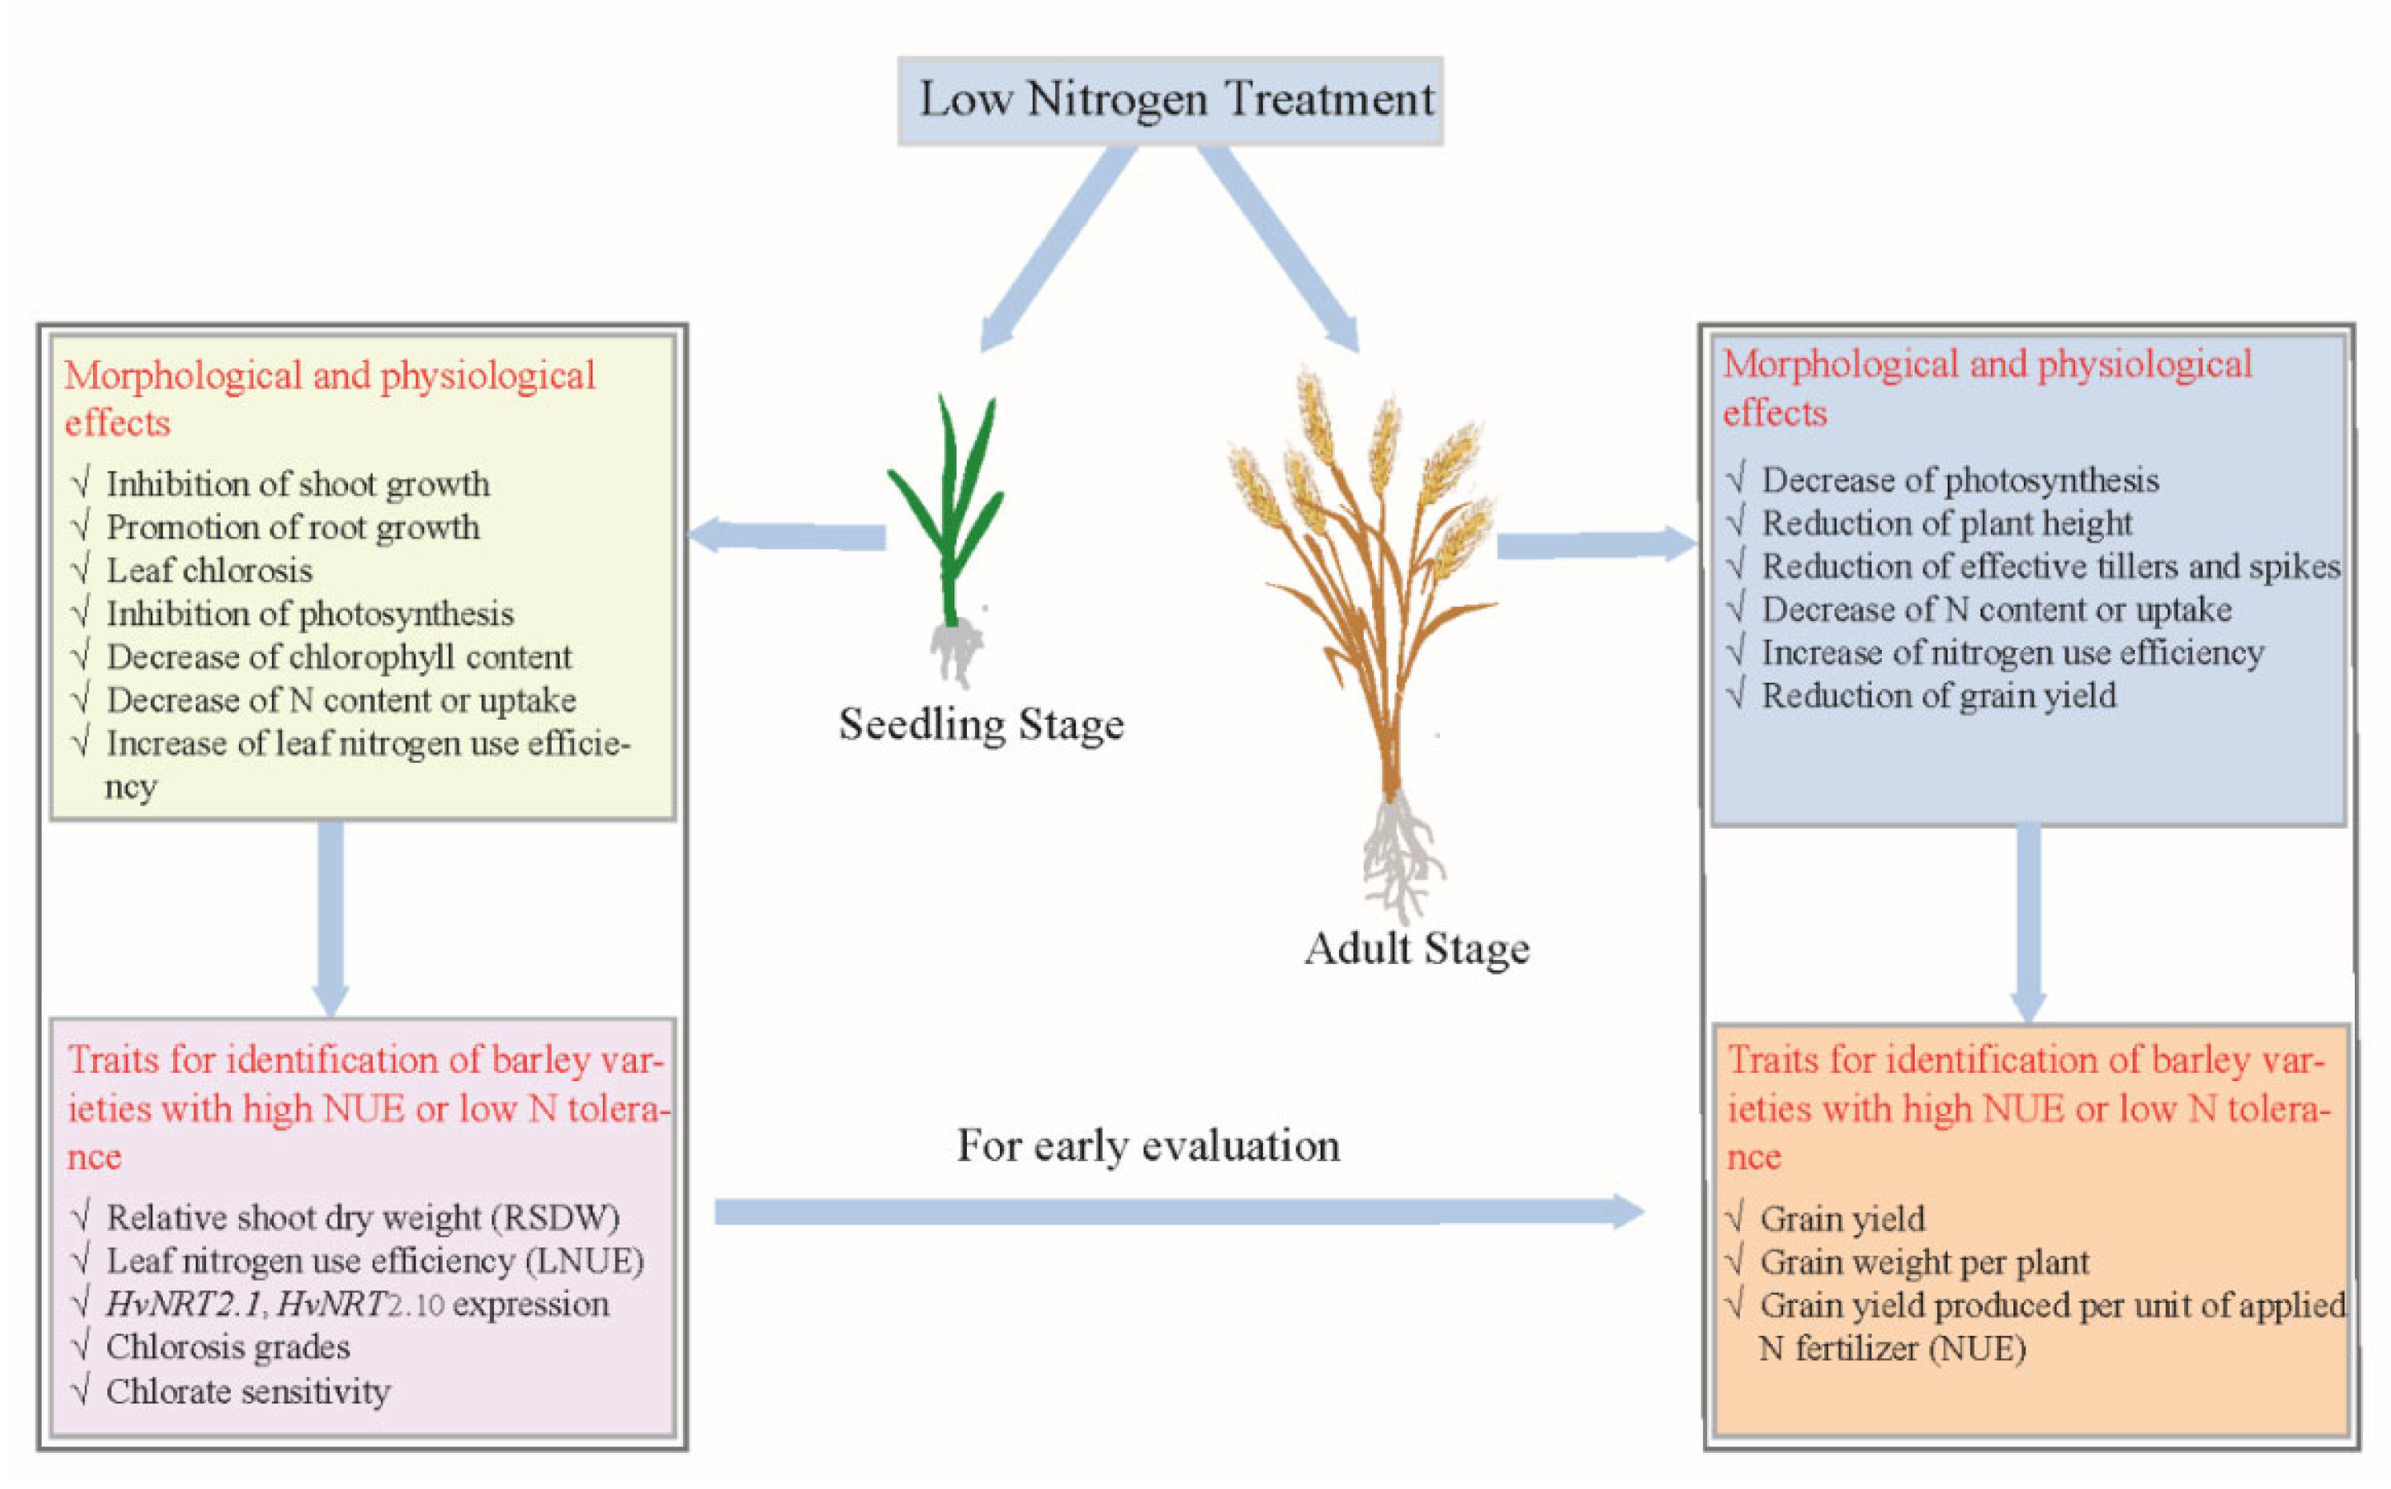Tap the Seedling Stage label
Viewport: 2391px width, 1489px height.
[x=981, y=724]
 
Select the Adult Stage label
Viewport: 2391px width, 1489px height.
[x=1416, y=948]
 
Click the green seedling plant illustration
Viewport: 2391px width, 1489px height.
[x=949, y=512]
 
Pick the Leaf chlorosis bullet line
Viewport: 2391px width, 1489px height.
[x=208, y=570]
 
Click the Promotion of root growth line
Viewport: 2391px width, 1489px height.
[x=293, y=527]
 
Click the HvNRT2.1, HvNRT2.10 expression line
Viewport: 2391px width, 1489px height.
[x=357, y=1304]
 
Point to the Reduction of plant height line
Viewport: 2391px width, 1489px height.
[x=1946, y=523]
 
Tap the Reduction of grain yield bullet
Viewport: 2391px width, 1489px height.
[x=1938, y=696]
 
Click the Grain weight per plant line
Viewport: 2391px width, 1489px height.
[x=1924, y=1261]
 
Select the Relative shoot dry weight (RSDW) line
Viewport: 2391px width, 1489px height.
[x=362, y=1217]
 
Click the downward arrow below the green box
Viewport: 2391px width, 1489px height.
[x=331, y=916]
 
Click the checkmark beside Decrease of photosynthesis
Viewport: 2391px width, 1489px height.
[x=1737, y=478]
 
